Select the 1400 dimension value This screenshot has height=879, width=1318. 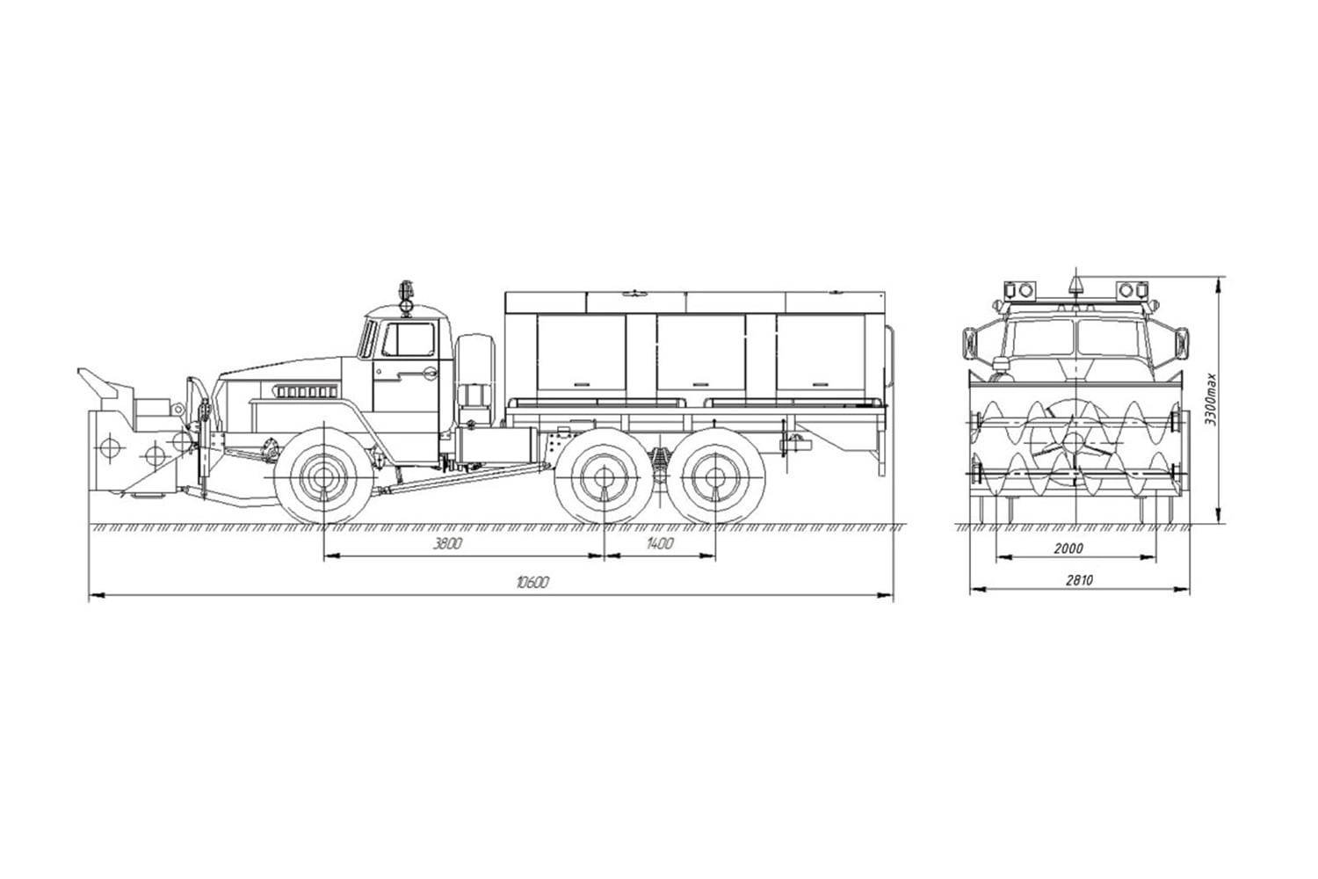click(659, 544)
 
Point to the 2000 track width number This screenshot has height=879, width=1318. click(1068, 548)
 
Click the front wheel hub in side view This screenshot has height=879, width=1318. click(323, 477)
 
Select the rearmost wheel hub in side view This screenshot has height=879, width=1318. click(713, 478)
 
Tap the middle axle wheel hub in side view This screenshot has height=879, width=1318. click(605, 478)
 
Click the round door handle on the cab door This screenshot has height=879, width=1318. click(429, 375)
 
